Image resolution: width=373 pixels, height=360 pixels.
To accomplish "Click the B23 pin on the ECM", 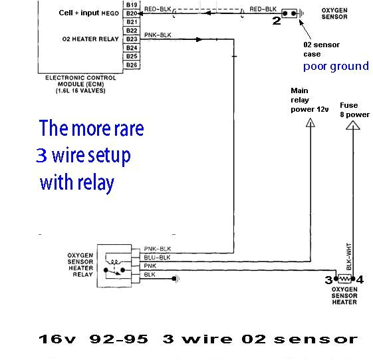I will coord(131,39).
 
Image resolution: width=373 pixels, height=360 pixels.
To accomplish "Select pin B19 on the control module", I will coord(131,5).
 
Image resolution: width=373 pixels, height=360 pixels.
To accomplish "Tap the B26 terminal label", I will coord(131,65).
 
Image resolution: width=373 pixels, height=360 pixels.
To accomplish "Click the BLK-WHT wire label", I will coord(348,256).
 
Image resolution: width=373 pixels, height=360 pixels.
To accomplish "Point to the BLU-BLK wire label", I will coord(157,257).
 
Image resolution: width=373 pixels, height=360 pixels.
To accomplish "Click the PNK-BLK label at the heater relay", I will coord(157,248).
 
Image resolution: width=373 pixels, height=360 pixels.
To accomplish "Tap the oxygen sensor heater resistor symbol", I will coord(344,279).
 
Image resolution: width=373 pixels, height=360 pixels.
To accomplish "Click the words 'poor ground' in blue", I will coord(336,66).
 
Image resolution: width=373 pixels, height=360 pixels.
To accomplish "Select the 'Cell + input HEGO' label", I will coord(88,13).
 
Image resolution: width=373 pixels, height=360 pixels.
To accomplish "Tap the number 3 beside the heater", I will coord(328,279).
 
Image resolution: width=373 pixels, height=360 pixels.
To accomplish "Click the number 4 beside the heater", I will coord(360,279).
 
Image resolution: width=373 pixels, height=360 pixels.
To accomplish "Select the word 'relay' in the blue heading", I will coord(97,182).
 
